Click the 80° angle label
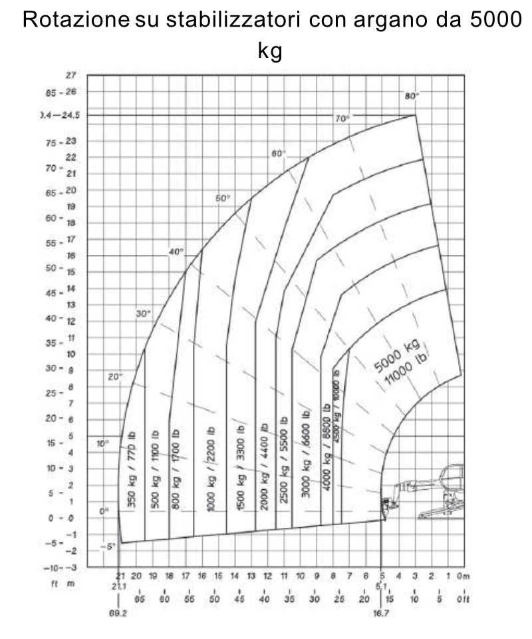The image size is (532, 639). tap(412, 96)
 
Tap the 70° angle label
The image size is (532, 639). tap(342, 118)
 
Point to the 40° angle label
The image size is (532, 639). tap(176, 252)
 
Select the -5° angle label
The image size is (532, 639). tap(108, 546)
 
